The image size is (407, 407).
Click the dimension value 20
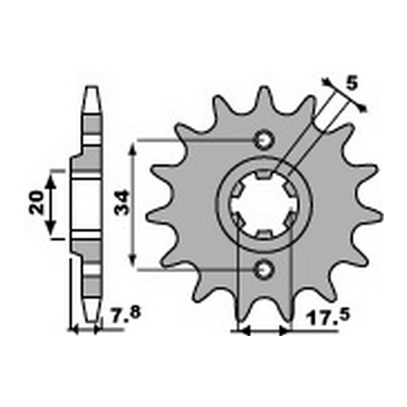(x=35, y=203)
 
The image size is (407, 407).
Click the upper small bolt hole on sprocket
(x=263, y=140)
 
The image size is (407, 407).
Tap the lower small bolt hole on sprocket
(x=263, y=267)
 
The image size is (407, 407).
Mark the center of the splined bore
(x=263, y=203)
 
